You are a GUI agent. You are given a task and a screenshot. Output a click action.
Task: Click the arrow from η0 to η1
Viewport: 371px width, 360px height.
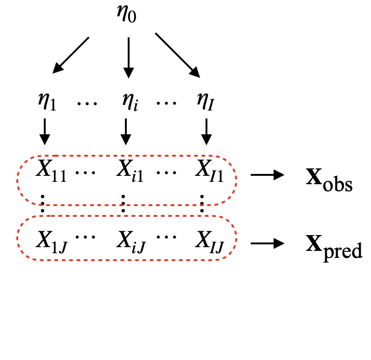point(71,55)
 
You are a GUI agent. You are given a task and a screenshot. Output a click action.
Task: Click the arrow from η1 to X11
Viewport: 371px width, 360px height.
point(45,131)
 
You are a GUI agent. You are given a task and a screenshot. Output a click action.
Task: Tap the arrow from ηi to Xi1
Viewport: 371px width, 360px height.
point(126,131)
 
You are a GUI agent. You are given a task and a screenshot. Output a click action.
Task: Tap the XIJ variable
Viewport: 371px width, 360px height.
point(209,240)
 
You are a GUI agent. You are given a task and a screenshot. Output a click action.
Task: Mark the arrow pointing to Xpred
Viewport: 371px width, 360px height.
point(268,242)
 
